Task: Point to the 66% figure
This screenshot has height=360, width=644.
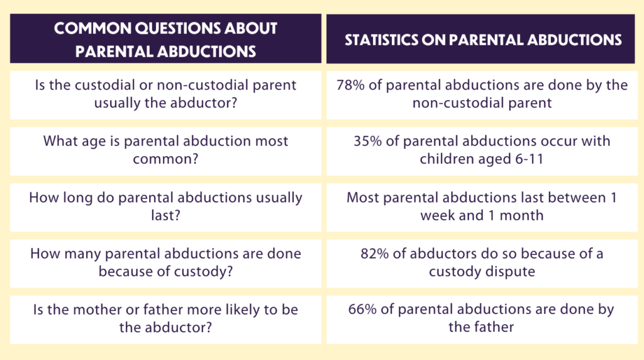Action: (x=362, y=309)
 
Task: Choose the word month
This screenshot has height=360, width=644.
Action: (x=522, y=215)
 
